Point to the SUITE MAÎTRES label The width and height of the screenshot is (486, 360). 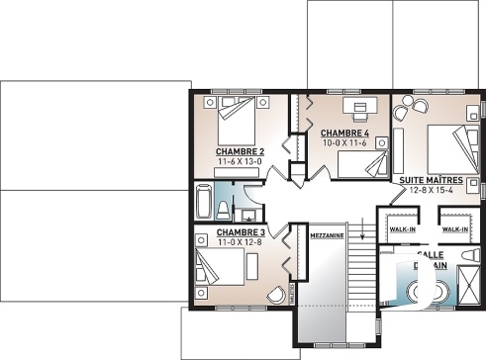point(434,181)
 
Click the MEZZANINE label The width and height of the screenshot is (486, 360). point(327,237)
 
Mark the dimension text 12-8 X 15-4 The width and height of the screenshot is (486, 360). point(434,191)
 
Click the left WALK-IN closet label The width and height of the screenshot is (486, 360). point(401,229)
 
